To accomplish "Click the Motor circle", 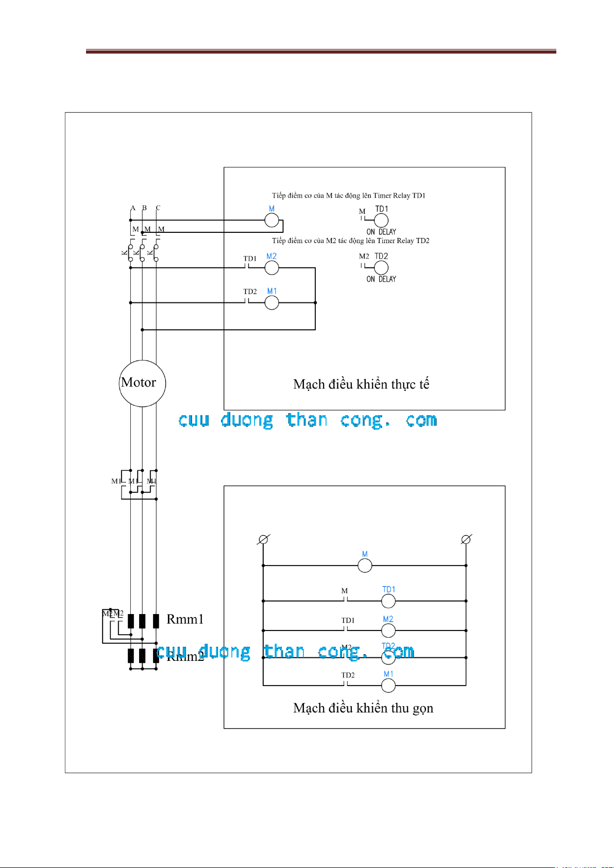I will point(142,383).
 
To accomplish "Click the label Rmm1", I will point(185,619).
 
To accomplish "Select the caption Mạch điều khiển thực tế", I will point(361,384).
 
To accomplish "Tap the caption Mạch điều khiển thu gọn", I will point(363,708).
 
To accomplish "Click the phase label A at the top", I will point(133,208).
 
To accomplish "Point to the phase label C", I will point(158,208).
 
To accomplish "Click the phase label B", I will point(145,208).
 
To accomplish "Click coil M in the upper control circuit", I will point(271,220).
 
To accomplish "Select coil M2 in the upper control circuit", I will point(271,268).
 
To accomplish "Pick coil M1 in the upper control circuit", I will point(271,303).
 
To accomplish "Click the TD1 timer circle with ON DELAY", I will point(381,220).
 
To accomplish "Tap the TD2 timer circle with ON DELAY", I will point(381,268).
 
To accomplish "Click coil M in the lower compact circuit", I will point(365,566).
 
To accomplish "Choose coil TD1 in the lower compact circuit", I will point(388,601).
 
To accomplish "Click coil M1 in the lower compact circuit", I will point(388,686).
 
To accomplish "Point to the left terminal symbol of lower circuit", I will point(263,539).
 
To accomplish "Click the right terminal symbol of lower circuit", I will point(466,539).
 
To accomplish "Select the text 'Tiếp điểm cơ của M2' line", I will point(350,241).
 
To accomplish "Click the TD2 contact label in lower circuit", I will point(348,675).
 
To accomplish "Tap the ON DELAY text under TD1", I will point(381,232).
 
